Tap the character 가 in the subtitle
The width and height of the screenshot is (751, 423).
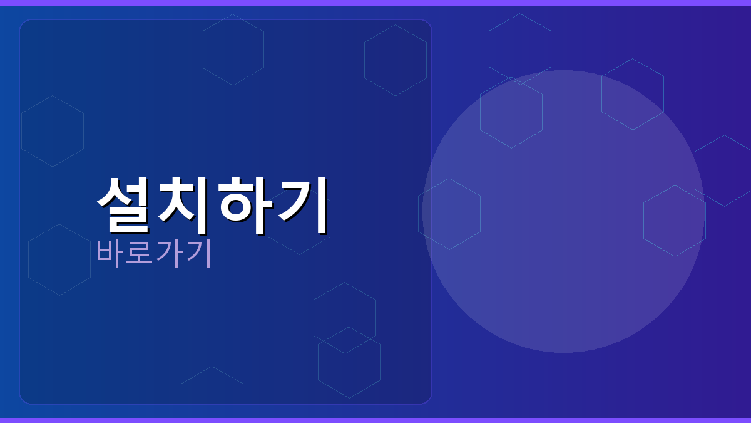coord(168,253)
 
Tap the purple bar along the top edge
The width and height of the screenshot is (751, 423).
coord(375,3)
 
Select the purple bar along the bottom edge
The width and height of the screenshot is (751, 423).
coord(375,420)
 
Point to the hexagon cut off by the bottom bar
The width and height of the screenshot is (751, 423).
coord(212,395)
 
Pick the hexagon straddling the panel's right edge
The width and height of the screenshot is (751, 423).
coord(449,214)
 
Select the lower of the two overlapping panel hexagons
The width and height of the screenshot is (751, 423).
coord(349,370)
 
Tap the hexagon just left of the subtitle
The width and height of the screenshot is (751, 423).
coord(59,259)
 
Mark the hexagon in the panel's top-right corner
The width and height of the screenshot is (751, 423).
coord(396,60)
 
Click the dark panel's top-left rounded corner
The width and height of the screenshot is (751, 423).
coord(24,24)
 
